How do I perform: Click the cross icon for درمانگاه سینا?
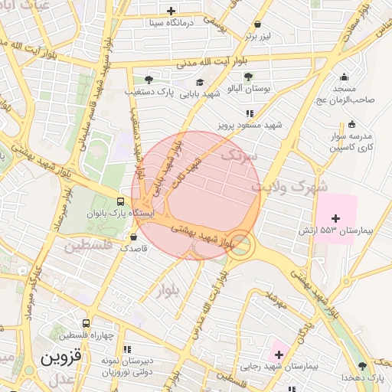tap(171, 11)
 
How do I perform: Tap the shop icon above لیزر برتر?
tap(257, 24)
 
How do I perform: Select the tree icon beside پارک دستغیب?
tap(149, 79)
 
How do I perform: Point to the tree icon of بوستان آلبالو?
tap(248, 76)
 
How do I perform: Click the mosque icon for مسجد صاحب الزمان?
tap(344, 77)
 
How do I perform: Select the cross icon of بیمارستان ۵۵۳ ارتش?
tap(335, 219)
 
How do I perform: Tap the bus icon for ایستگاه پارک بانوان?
tap(119, 201)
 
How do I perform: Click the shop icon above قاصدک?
tap(134, 237)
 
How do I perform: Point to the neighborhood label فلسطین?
tap(88, 247)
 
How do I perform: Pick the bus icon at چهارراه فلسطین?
tap(86, 323)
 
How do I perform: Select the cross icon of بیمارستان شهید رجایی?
tap(279, 354)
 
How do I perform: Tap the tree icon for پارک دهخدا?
tap(362, 366)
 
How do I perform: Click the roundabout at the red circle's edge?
tap(241, 246)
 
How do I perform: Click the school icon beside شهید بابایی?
tap(200, 83)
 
